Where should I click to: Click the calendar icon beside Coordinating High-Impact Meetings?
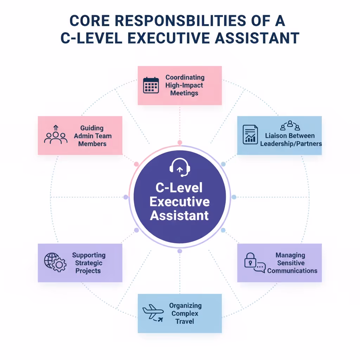(x=151, y=85)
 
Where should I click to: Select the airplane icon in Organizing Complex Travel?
(x=153, y=313)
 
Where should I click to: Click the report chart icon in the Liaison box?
(x=250, y=134)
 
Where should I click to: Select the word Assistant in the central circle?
(x=180, y=215)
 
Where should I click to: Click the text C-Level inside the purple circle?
(x=180, y=187)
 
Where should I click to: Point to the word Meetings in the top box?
(x=184, y=93)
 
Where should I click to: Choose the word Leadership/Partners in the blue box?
(x=291, y=143)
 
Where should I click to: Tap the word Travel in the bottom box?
(x=185, y=321)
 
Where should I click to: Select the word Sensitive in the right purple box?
(x=291, y=263)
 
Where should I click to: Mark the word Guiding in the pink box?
(x=92, y=128)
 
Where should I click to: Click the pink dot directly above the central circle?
(x=180, y=143)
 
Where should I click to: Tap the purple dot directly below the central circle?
(x=180, y=251)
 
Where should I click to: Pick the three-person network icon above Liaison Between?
(x=290, y=126)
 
